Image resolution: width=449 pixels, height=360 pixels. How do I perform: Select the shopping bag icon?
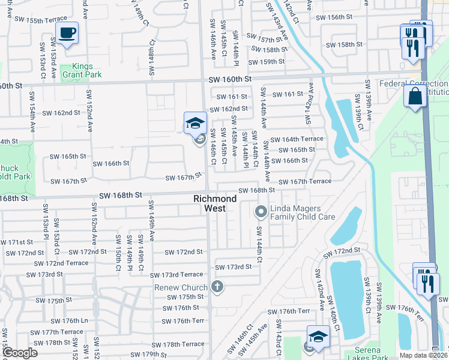pyautogui.click(x=415, y=95)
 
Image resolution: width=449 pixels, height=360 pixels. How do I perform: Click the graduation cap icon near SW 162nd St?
pyautogui.click(x=195, y=123)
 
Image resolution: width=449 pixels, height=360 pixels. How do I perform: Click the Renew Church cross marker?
pyautogui.click(x=217, y=287)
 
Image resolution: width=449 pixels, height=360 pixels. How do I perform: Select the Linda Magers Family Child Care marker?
pyautogui.click(x=261, y=211)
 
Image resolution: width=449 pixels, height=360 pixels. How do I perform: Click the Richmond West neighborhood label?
pyautogui.click(x=209, y=203)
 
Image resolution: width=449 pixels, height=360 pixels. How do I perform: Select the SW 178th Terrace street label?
pyautogui.click(x=178, y=344)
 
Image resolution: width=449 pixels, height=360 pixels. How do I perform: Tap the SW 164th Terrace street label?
pyautogui.click(x=297, y=139)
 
